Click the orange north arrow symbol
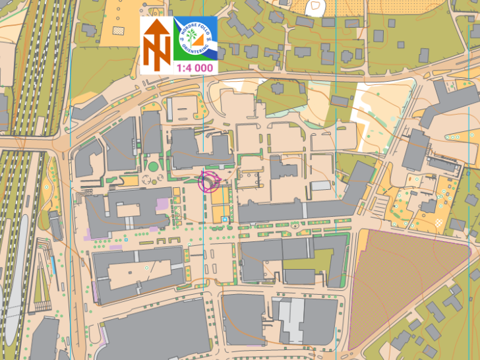[157, 45]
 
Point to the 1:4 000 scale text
[194, 67]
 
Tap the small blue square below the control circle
[225, 219]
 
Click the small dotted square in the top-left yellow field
[118, 30]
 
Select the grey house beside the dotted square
[90, 29]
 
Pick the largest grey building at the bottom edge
[155, 330]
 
